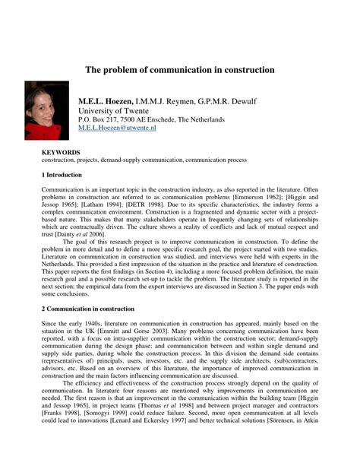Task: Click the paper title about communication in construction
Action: click(x=179, y=69)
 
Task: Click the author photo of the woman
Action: click(x=47, y=110)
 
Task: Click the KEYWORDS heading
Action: click(x=60, y=152)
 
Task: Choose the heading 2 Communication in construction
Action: click(x=88, y=309)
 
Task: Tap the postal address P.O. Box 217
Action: click(x=100, y=120)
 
